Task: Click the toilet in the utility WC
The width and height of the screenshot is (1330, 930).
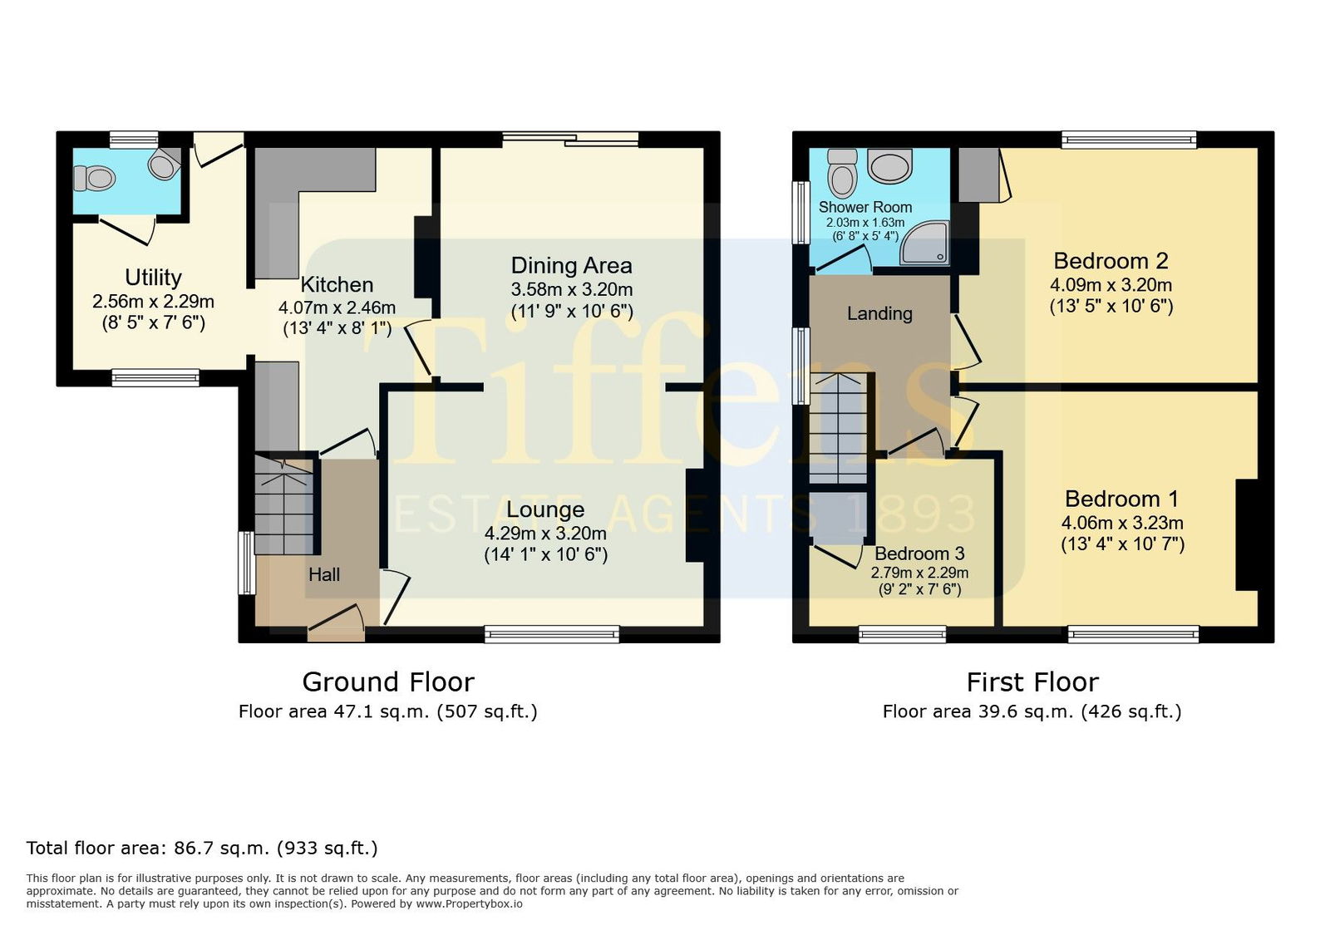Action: point(94,178)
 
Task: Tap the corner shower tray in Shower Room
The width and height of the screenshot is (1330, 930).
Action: point(924,243)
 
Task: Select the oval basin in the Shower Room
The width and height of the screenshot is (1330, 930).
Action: point(889,165)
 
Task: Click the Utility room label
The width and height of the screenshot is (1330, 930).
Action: point(153,277)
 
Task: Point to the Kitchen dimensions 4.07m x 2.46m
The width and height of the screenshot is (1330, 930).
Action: point(337,308)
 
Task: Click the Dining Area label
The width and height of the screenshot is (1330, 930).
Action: point(571,265)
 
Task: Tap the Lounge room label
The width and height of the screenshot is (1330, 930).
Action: point(545,509)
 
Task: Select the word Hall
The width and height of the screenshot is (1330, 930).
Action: point(324,574)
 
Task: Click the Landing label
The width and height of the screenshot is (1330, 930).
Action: point(879,313)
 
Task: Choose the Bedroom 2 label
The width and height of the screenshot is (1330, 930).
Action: point(1111,260)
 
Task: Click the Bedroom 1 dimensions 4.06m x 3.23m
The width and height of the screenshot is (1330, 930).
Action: point(1122,523)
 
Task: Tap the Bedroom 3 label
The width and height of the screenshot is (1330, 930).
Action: point(919,554)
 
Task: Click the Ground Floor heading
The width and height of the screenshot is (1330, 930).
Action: point(388,682)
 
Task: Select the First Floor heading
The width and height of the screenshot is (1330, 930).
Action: point(1032,682)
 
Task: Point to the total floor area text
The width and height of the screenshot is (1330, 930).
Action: point(202,848)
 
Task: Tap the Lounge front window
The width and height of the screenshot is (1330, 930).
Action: point(552,634)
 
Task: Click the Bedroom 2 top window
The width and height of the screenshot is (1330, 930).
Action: point(1130,140)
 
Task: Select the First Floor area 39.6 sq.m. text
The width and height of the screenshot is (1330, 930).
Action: point(1032,711)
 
